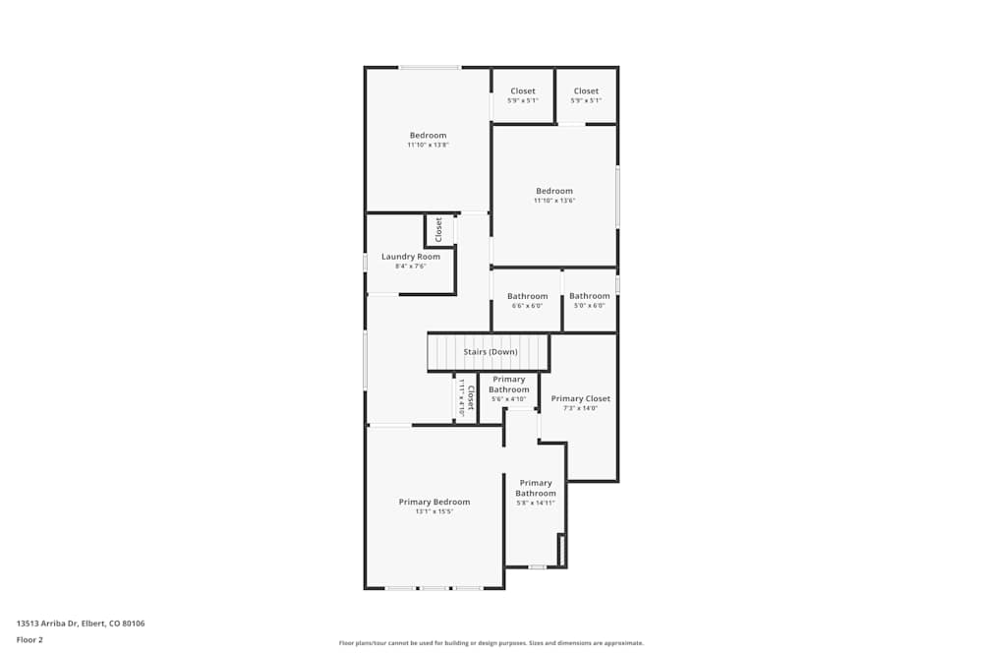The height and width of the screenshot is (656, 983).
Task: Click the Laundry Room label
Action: [x=411, y=257]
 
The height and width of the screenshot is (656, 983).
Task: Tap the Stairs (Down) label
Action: [x=491, y=352]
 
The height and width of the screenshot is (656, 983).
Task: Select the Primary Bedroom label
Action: [x=434, y=502]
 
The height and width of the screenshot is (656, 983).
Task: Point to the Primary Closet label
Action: [x=581, y=398]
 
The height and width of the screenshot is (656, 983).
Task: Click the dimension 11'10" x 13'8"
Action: [x=429, y=145]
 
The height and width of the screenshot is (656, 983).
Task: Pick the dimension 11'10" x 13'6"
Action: [x=554, y=201]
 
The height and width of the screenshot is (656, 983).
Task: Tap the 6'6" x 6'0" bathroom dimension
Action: [x=527, y=306]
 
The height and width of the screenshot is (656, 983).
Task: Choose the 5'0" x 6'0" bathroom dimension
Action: [x=589, y=306]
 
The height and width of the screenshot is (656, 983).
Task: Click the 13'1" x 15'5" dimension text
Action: [x=434, y=511]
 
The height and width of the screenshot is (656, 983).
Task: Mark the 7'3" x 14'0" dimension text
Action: [x=581, y=408]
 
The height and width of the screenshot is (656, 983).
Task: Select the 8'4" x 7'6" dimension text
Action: [x=411, y=267]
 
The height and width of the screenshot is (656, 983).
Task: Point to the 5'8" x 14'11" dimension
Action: [x=536, y=503]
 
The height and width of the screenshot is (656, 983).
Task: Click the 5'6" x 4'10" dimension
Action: [x=509, y=399]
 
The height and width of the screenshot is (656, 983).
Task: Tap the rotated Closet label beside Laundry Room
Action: [x=438, y=229]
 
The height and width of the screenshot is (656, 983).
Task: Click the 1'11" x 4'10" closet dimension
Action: [x=461, y=398]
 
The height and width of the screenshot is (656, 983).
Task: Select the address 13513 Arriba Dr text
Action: [x=46, y=624]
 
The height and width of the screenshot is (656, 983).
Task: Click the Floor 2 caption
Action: [x=29, y=639]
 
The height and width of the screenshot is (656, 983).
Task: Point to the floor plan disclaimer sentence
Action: [x=491, y=643]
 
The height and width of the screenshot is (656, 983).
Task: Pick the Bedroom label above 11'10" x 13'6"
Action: [x=554, y=191]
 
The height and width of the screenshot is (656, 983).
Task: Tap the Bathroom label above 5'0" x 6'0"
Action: [x=589, y=296]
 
